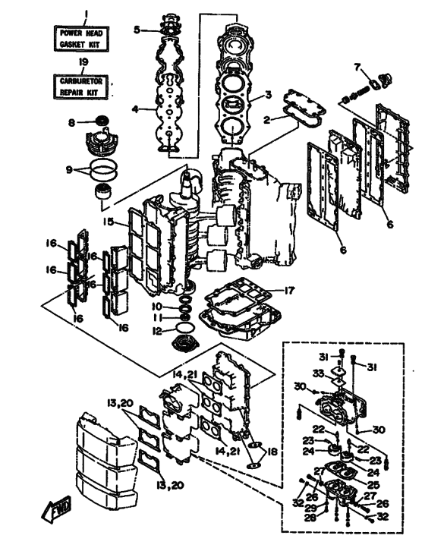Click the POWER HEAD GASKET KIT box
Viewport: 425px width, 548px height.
coord(80,39)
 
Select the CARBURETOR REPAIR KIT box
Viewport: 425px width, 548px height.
coord(80,87)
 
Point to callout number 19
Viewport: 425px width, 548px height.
coord(83,62)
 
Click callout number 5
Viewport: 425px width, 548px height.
coord(137,30)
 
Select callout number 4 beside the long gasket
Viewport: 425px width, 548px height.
coord(135,109)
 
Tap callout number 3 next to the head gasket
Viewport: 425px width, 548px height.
coord(268,94)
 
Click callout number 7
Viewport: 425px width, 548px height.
coord(357,67)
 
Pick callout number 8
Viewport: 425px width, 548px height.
coord(71,123)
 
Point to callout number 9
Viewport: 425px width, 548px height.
coord(69,170)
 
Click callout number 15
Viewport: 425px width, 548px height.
coord(109,222)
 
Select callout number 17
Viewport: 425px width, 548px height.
coord(289,290)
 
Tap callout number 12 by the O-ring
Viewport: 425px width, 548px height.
coord(158,331)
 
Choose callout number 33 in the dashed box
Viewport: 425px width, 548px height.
coord(318,373)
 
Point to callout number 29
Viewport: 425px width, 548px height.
coord(310,508)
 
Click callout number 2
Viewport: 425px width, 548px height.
coord(267,120)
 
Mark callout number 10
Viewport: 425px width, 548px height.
coord(157,307)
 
